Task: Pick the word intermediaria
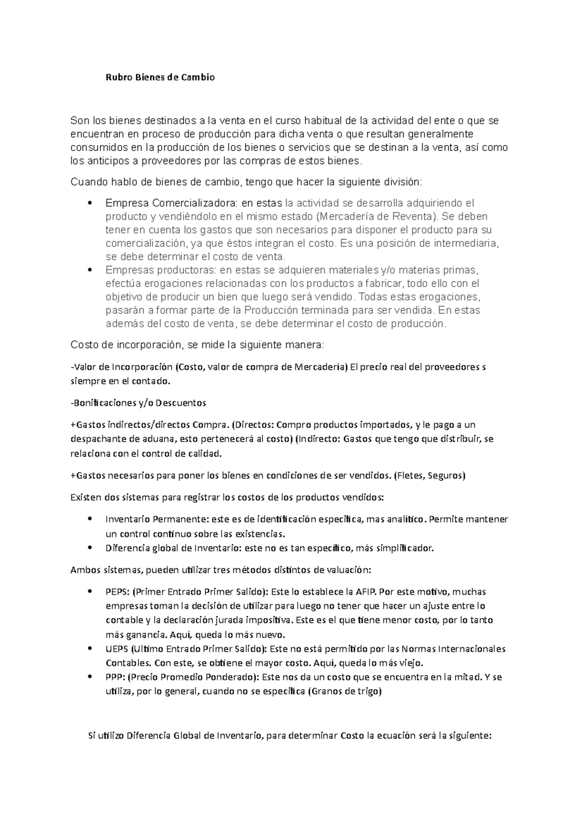[x=466, y=243]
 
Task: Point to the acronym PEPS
[x=116, y=592]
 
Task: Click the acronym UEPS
[x=117, y=649]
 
